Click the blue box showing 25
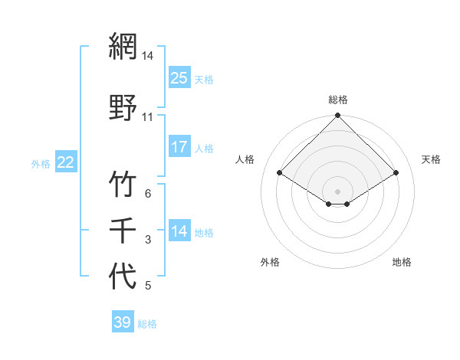(x=179, y=78)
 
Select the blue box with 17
(x=179, y=147)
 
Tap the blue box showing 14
(x=179, y=231)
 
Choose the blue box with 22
(x=66, y=162)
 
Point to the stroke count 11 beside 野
(x=147, y=117)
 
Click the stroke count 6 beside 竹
(x=148, y=194)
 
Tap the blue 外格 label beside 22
(x=41, y=163)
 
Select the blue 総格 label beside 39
(x=148, y=324)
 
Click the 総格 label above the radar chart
(x=338, y=100)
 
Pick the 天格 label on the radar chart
(x=431, y=159)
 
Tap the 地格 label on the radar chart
(x=402, y=262)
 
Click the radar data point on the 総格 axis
(x=338, y=116)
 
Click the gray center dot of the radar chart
(x=338, y=191)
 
